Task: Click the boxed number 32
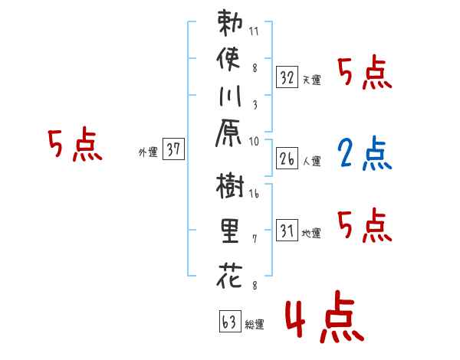tap(287, 77)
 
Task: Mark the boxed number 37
tap(173, 150)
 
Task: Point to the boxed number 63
tap(228, 322)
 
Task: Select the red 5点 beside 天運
tap(364, 74)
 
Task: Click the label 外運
tap(147, 152)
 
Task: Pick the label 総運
tap(255, 325)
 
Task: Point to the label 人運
tap(312, 162)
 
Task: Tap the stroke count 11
tap(254, 32)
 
